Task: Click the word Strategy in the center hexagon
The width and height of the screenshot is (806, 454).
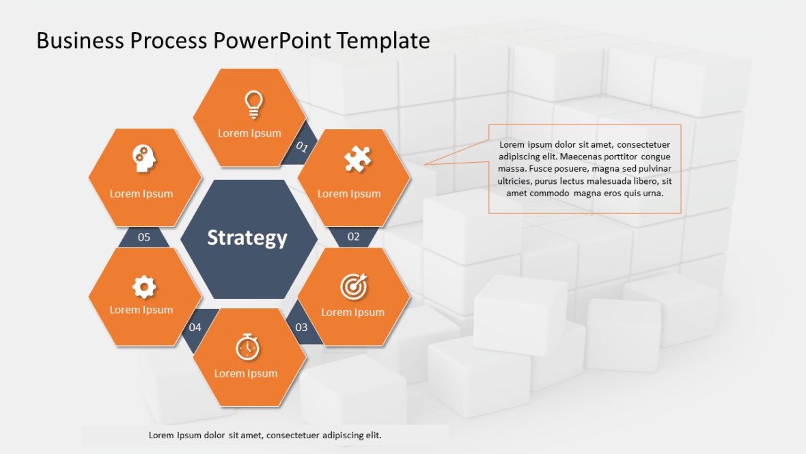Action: click(x=247, y=238)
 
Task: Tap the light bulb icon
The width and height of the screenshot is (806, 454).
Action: click(x=253, y=104)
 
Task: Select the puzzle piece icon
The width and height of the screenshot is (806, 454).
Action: click(x=357, y=160)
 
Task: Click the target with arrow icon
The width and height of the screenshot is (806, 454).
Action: click(x=353, y=286)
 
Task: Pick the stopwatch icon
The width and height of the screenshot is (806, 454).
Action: click(x=247, y=347)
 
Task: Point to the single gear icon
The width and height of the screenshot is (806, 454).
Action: click(x=143, y=287)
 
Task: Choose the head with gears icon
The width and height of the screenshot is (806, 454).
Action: click(x=144, y=159)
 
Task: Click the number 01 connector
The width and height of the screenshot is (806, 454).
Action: click(x=302, y=146)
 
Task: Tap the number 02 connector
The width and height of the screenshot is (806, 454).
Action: click(x=353, y=237)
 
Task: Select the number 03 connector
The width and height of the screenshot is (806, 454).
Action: click(x=301, y=327)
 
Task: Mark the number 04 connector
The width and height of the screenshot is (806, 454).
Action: click(x=195, y=327)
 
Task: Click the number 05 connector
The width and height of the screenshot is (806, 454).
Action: click(x=144, y=237)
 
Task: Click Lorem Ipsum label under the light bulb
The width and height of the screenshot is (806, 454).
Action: click(x=249, y=133)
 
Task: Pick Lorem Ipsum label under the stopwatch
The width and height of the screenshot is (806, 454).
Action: click(x=246, y=373)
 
